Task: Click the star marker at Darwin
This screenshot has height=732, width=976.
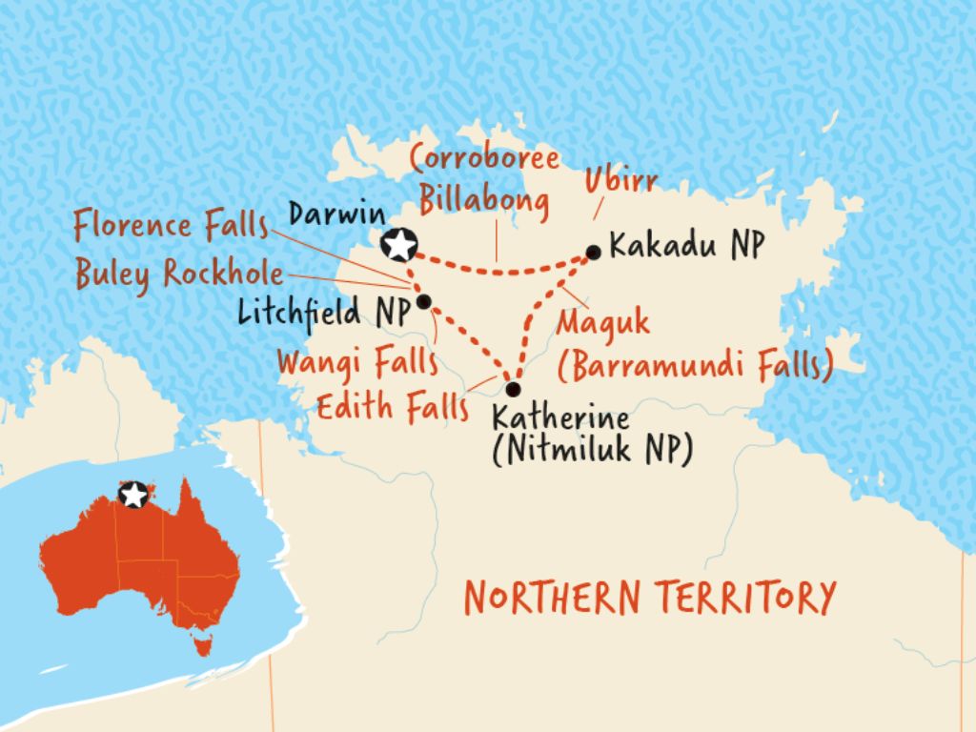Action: (398, 245)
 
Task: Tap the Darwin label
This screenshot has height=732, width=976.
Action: (331, 214)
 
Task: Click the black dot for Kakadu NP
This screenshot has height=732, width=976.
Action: (593, 253)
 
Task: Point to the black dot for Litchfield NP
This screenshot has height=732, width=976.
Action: (424, 302)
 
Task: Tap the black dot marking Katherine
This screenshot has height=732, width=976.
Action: (513, 389)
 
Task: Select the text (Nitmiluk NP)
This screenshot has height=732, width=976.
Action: (591, 451)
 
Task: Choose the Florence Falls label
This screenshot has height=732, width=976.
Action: (172, 229)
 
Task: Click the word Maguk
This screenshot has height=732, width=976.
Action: (602, 322)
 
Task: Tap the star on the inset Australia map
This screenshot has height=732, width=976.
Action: (133, 494)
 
